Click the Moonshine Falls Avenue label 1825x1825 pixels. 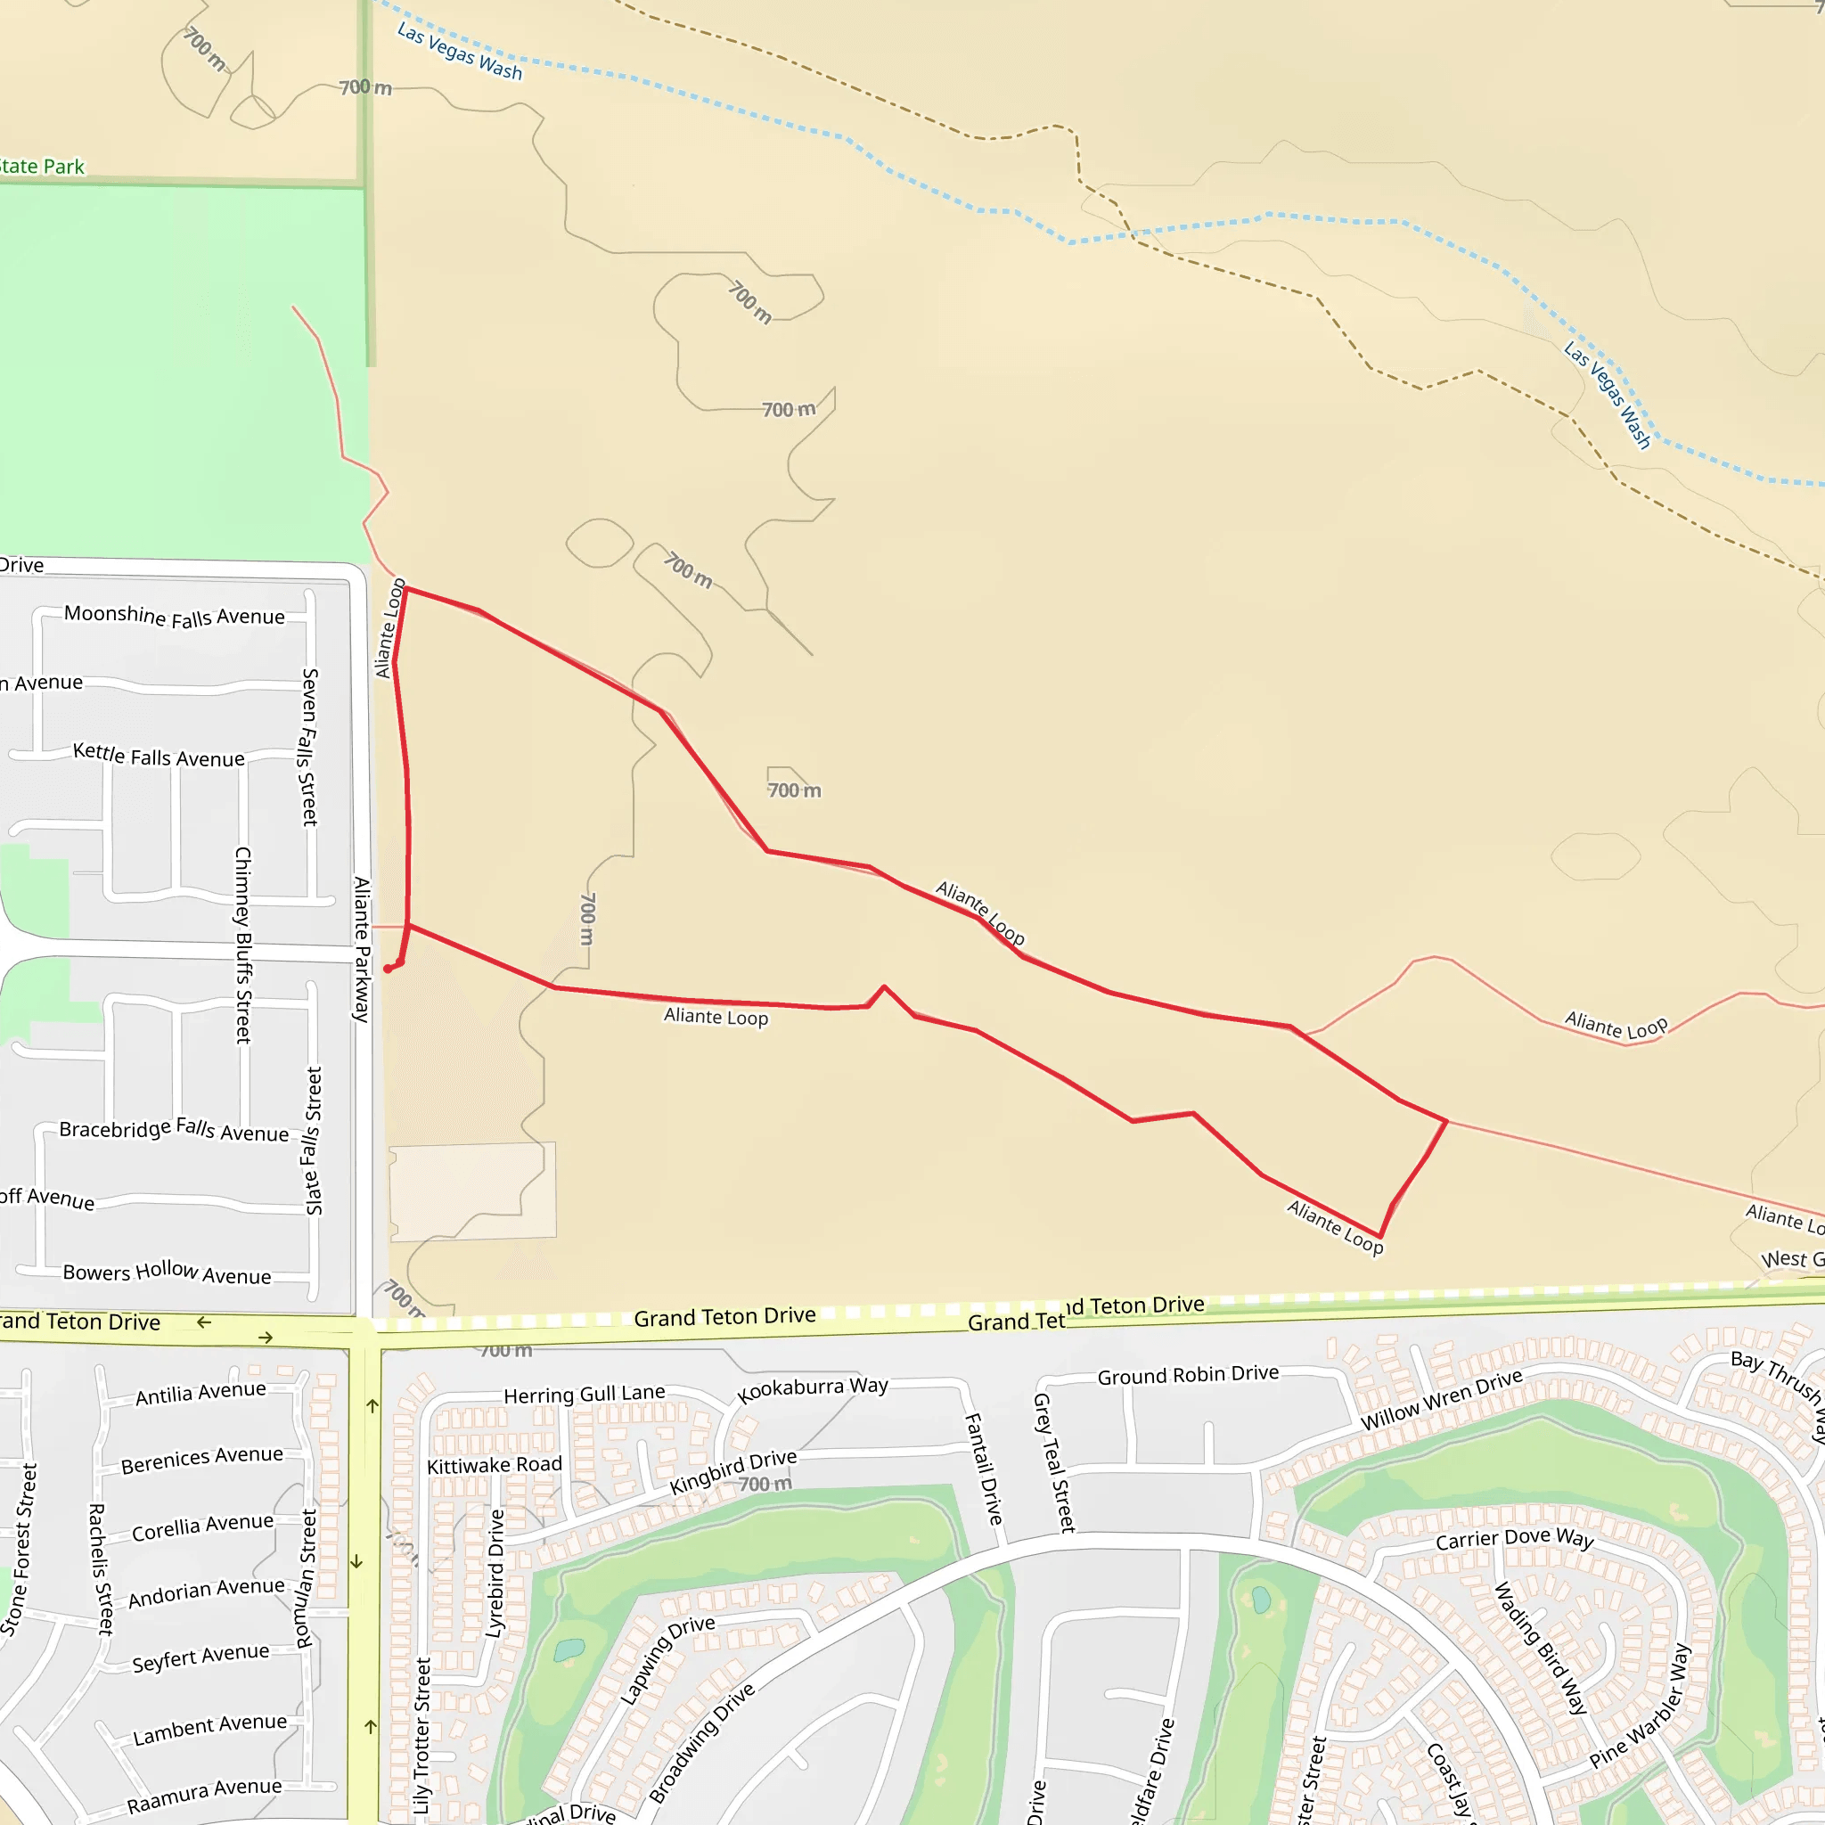(175, 616)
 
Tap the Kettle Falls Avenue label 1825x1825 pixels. (159, 756)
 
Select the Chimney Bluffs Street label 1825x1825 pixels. (242, 945)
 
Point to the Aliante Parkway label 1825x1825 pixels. (362, 949)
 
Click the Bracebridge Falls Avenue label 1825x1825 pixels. (174, 1130)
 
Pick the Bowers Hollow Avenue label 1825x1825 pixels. (168, 1273)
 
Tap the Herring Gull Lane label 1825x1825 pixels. (584, 1395)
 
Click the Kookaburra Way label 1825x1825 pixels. (813, 1388)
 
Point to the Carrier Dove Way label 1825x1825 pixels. (1514, 1540)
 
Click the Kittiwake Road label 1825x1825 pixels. (494, 1465)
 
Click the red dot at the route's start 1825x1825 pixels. (388, 970)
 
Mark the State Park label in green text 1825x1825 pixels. (42, 168)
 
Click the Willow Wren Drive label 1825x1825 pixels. (1441, 1399)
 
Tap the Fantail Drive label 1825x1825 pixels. (982, 1468)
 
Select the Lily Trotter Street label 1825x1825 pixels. (422, 1736)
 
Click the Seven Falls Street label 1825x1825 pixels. (309, 747)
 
